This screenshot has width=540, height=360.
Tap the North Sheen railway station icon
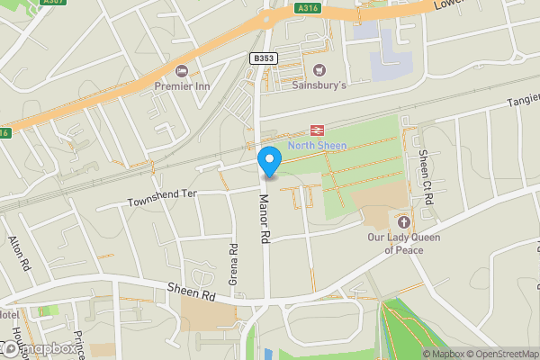(x=317, y=131)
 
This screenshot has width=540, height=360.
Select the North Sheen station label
(x=317, y=146)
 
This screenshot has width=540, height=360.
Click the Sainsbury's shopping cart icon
(x=318, y=70)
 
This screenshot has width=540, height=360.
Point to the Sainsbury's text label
(x=319, y=85)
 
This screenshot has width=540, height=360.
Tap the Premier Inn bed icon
(x=182, y=71)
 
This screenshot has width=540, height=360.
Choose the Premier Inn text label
(x=183, y=85)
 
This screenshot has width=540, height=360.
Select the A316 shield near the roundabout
(x=307, y=8)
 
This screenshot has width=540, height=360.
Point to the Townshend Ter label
(x=161, y=197)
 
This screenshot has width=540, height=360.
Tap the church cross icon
(x=402, y=221)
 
